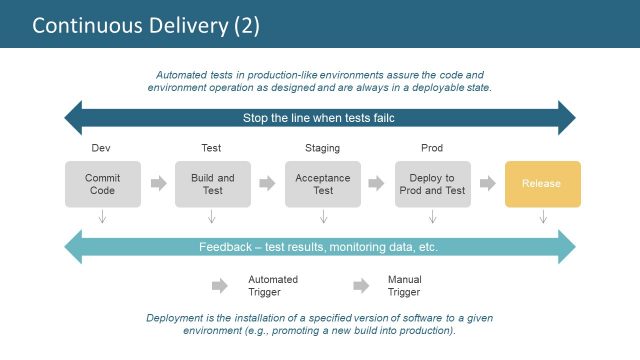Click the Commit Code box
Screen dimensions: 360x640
(102, 184)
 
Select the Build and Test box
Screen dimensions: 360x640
(212, 184)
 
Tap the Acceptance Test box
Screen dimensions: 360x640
(322, 184)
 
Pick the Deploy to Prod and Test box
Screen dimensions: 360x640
(432, 184)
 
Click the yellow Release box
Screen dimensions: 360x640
(542, 184)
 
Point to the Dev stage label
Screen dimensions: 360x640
(100, 148)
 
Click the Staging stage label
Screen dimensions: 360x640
(322, 148)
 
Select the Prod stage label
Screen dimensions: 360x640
(432, 148)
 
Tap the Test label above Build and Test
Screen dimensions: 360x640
(212, 148)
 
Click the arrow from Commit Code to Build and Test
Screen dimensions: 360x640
(158, 184)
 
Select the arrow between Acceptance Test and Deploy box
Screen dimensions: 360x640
(376, 184)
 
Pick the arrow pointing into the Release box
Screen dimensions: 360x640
(487, 184)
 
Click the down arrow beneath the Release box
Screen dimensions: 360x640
(542, 217)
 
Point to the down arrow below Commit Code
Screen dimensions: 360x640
(102, 217)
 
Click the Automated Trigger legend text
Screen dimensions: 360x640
(273, 286)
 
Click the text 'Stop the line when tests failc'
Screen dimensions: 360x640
(320, 118)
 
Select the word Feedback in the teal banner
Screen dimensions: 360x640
(225, 246)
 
